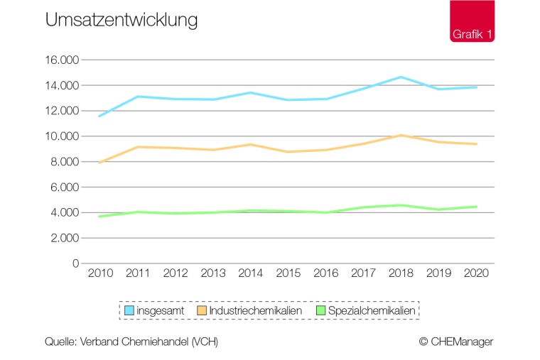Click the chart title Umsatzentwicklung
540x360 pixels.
[x=121, y=21]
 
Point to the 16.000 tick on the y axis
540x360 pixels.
[x=61, y=60]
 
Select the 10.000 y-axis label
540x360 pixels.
[x=61, y=136]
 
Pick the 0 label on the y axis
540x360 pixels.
[x=75, y=263]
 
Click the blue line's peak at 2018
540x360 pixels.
[x=401, y=77]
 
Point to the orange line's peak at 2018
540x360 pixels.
[x=401, y=135]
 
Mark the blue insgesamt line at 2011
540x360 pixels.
[x=137, y=97]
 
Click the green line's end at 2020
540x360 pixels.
[x=476, y=207]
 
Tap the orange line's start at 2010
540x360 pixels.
[x=99, y=163]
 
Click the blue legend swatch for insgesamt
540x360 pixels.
[x=129, y=311]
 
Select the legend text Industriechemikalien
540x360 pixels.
[x=255, y=311]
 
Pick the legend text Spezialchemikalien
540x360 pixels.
[x=372, y=311]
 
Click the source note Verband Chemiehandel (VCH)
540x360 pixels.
[x=131, y=342]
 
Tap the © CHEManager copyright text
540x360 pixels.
[x=455, y=342]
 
